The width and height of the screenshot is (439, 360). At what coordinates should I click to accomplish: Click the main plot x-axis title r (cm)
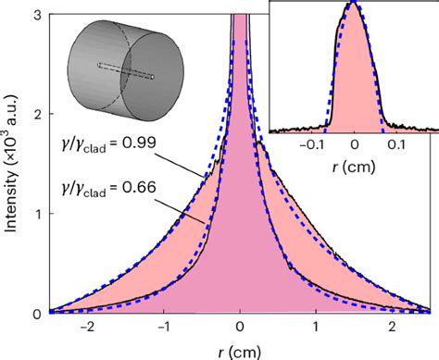[x=240, y=350]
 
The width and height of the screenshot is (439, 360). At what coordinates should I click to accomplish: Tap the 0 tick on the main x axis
[x=240, y=328]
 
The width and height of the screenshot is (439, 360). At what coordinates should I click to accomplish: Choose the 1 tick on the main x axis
[x=317, y=328]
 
